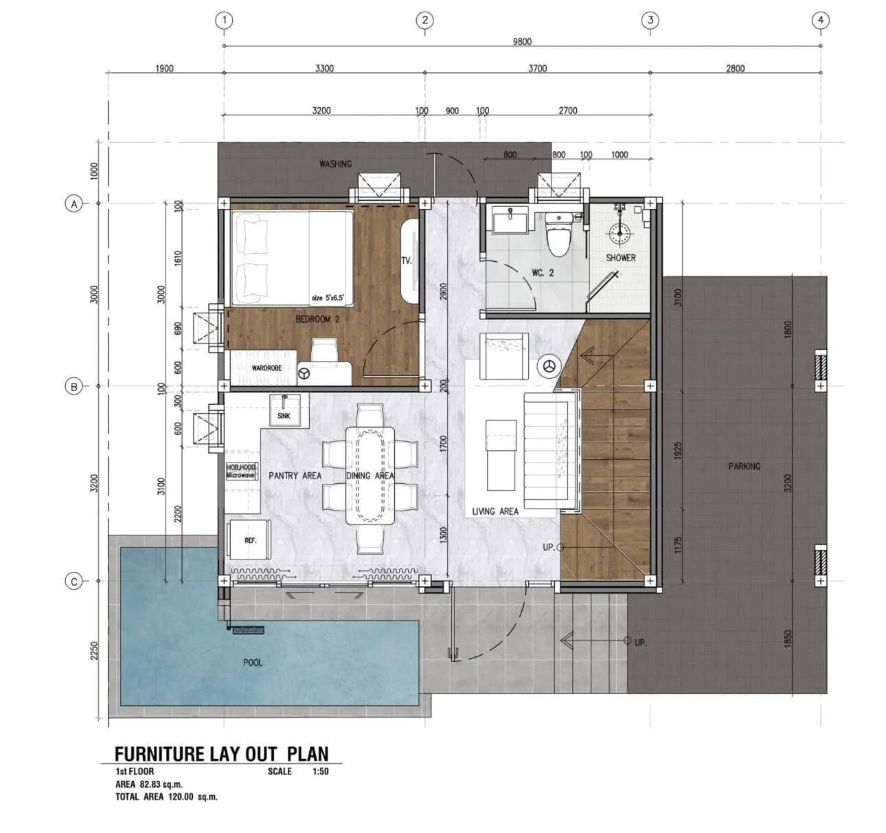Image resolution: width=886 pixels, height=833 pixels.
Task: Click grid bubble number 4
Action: [821, 21]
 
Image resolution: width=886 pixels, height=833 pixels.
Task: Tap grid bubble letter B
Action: [73, 386]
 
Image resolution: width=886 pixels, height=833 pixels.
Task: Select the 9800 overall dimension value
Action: [522, 41]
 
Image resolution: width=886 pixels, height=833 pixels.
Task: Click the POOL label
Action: [253, 663]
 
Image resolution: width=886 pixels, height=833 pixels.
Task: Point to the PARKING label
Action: [745, 466]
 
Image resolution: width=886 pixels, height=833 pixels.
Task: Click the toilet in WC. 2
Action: [558, 236]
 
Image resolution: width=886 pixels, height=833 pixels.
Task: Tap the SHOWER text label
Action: [621, 258]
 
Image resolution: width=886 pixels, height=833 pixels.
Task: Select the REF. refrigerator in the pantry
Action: [250, 540]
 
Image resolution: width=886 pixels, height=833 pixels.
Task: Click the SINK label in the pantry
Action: [284, 416]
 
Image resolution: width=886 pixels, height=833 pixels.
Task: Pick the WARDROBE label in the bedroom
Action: [268, 368]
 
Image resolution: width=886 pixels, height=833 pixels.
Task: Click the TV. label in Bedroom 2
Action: [406, 260]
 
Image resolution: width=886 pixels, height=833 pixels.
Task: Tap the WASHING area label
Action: [335, 164]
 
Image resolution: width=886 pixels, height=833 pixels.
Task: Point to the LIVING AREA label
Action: [495, 511]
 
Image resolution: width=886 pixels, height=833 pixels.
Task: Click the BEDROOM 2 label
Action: [317, 319]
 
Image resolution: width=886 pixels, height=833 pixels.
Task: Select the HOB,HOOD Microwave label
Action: [241, 471]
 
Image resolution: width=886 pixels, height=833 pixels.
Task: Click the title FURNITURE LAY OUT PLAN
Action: [221, 754]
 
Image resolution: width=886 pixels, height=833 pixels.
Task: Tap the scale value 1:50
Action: [320, 771]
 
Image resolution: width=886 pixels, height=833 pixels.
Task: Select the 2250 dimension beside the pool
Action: [95, 650]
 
